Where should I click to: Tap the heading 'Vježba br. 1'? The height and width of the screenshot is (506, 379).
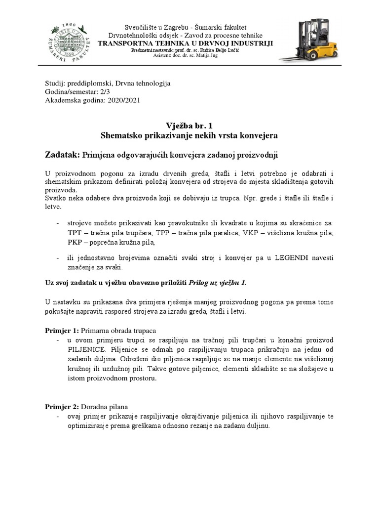tap(189, 126)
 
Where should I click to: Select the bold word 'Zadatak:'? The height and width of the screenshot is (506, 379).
tap(62, 155)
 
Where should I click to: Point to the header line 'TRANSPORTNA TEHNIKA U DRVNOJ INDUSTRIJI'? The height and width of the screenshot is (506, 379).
tap(186, 43)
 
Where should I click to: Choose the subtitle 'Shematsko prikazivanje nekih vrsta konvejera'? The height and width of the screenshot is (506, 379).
tap(189, 135)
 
